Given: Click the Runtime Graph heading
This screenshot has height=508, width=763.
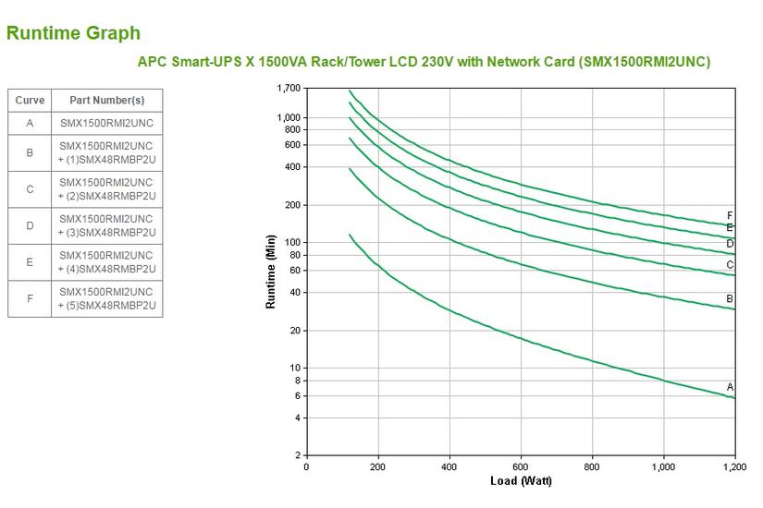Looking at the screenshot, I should pyautogui.click(x=73, y=33).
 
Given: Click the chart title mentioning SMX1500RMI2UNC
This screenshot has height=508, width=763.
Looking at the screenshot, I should pyautogui.click(x=424, y=62).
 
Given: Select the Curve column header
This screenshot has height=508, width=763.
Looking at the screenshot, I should pyautogui.click(x=30, y=100).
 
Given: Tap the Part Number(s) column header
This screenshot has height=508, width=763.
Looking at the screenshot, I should pyautogui.click(x=106, y=100).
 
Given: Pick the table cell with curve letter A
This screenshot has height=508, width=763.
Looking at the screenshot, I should pyautogui.click(x=30, y=122).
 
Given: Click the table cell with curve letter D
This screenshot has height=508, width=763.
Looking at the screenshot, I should pyautogui.click(x=30, y=225).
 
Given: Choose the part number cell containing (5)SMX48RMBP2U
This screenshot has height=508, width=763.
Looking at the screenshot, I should pyautogui.click(x=106, y=298).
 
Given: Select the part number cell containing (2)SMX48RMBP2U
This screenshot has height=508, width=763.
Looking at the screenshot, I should pyautogui.click(x=106, y=189).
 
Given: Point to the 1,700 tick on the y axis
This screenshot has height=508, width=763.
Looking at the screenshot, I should pyautogui.click(x=289, y=89).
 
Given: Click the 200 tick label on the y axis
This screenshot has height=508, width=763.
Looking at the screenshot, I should pyautogui.click(x=292, y=205).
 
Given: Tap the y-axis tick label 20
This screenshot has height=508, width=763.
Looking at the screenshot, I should pyautogui.click(x=295, y=331).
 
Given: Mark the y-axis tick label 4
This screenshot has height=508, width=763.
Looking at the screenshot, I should pyautogui.click(x=298, y=418).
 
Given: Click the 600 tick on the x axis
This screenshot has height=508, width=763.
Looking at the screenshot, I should pyautogui.click(x=521, y=467).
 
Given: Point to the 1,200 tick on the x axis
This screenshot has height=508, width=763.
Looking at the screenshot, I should pyautogui.click(x=733, y=467).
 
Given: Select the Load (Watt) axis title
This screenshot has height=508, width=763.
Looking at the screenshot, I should pyautogui.click(x=521, y=481).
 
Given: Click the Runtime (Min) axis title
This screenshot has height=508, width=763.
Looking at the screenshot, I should pyautogui.click(x=271, y=272).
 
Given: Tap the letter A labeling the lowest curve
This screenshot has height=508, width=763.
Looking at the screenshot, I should pyautogui.click(x=730, y=387).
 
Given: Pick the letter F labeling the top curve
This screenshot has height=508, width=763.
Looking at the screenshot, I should pyautogui.click(x=730, y=215).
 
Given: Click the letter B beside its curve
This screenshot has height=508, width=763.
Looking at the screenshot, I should pyautogui.click(x=730, y=298).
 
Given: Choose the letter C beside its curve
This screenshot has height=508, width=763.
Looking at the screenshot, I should pyautogui.click(x=730, y=264).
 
